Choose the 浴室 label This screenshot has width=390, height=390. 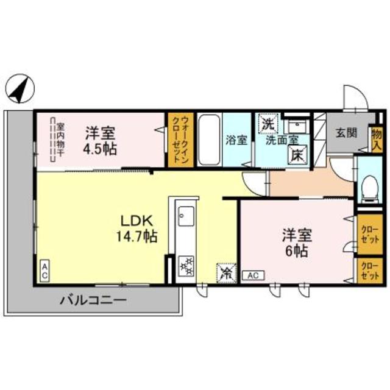pos(236,140)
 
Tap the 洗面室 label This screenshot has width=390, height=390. pos(281,140)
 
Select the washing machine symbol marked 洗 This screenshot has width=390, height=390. pos(268,123)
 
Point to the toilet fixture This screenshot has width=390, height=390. pos(367,183)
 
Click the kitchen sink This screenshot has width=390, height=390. pos(185,214)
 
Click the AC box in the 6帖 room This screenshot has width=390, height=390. pos(253,275)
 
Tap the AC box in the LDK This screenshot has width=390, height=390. pos(45,271)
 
